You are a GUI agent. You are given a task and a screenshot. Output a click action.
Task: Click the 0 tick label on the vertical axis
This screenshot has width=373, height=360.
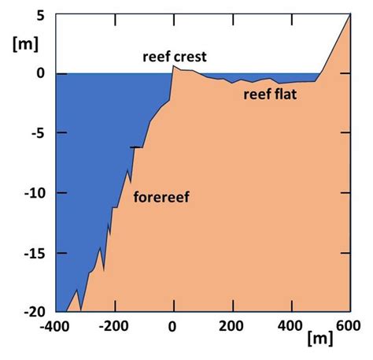(x=41, y=73)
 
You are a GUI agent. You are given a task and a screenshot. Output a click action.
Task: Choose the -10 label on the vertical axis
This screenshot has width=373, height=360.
(x=33, y=193)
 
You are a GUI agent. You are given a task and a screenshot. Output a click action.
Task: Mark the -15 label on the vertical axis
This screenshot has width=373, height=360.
(x=33, y=253)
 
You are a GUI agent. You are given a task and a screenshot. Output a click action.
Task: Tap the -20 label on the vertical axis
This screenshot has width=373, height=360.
(x=33, y=311)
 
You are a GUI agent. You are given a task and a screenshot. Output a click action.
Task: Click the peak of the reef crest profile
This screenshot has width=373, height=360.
(x=174, y=67)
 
